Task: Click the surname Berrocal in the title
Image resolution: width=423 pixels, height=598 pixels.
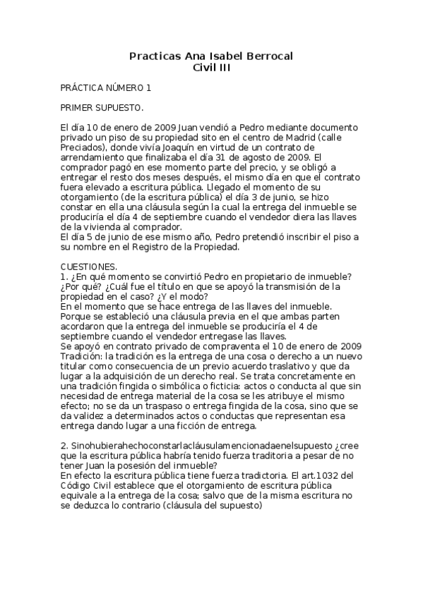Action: (x=266, y=55)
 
